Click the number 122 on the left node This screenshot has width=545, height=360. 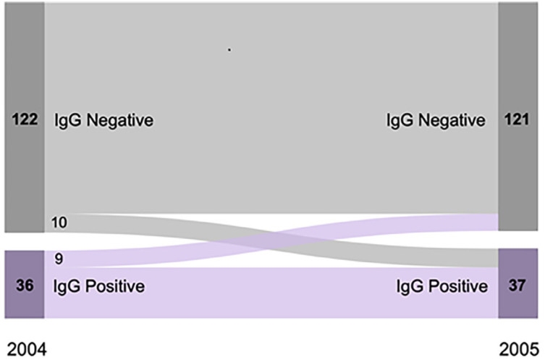click(x=25, y=120)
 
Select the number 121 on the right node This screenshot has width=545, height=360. click(x=518, y=120)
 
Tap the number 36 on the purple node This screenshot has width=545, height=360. click(x=25, y=285)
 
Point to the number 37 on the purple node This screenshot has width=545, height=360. click(x=518, y=285)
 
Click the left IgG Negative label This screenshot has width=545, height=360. click(x=103, y=121)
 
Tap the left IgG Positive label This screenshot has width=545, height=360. click(x=99, y=286)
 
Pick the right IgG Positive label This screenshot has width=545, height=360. click(x=442, y=286)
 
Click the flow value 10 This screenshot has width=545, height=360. click(x=60, y=224)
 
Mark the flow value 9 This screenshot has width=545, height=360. click(x=58, y=257)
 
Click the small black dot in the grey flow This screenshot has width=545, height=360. click(x=229, y=50)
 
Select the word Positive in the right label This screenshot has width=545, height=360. click(x=459, y=286)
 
